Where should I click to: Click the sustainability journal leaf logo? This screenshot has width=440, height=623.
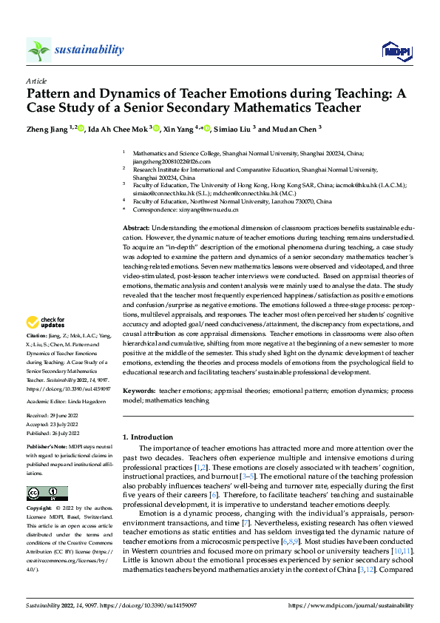point(38,50)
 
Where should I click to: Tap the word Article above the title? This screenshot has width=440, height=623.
point(36,81)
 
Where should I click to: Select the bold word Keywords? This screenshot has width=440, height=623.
point(138,389)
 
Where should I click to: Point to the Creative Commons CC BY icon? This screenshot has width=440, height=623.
point(47,493)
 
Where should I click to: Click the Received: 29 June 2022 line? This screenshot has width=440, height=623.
point(53,416)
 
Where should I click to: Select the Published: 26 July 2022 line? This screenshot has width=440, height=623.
point(53,432)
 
